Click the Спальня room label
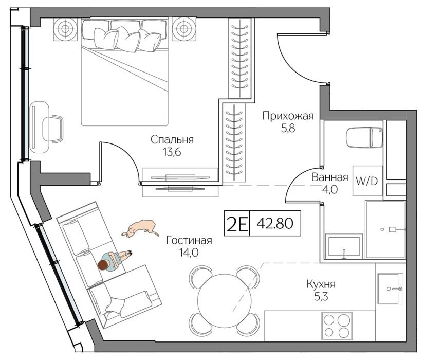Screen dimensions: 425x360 tap(172, 140)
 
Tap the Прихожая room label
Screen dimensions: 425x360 tap(288, 116)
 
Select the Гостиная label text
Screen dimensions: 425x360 tap(189, 240)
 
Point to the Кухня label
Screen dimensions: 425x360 tap(321, 284)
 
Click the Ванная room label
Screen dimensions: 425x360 tap(330, 177)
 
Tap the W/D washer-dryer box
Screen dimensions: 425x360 tap(367, 181)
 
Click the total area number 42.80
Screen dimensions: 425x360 tap(275, 224)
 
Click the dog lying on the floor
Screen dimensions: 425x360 tap(140, 228)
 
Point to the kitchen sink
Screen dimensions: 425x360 tap(391, 289)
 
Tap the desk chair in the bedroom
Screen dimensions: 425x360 tap(53, 129)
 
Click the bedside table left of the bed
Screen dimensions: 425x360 tap(65, 29)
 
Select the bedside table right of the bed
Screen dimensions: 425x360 tap(184, 29)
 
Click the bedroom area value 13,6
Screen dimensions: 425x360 tap(172, 152)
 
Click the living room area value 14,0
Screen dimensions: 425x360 tap(189, 253)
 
